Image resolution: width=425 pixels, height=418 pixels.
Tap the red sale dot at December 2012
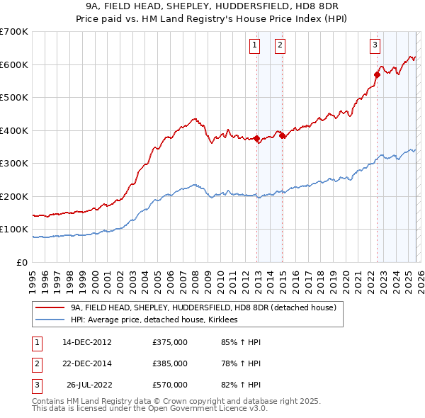point(256,139)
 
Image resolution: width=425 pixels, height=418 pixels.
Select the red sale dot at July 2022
point(377,74)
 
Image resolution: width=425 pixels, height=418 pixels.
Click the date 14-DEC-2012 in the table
point(87,343)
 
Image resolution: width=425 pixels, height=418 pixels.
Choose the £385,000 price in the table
point(170,364)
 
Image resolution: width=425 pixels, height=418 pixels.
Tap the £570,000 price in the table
point(170,385)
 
